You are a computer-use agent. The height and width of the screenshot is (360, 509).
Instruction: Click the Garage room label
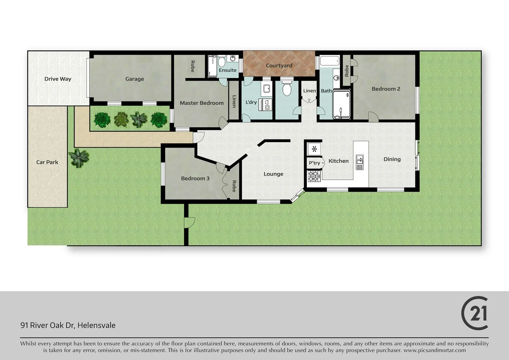tap(135, 79)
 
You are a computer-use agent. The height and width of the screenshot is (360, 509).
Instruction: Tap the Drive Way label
tap(58, 79)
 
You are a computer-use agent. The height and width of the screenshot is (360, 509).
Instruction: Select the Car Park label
tap(47, 162)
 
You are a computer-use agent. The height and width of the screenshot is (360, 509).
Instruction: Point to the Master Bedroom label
tap(202, 103)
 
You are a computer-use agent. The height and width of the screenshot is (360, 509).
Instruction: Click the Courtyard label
tap(279, 66)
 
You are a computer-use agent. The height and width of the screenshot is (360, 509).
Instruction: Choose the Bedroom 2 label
tap(386, 89)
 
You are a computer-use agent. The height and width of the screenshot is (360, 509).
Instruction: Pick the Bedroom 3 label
tap(195, 178)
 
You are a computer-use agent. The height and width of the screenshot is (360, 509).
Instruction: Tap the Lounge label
tap(273, 174)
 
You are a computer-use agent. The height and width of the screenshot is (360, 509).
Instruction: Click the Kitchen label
tap(338, 161)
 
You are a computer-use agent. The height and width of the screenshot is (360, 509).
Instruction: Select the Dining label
tap(392, 159)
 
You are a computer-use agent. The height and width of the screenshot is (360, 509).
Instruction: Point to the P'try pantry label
tap(314, 163)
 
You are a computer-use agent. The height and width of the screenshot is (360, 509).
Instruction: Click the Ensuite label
tap(228, 70)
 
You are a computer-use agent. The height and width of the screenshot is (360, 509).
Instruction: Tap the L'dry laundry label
tap(251, 102)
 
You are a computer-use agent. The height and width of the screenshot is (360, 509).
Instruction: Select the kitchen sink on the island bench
tap(359, 162)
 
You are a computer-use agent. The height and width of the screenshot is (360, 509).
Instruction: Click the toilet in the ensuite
tap(222, 62)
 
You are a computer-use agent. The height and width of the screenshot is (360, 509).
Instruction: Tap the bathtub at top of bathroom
tap(329, 61)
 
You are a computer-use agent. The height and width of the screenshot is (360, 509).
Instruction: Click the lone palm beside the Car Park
tap(79, 158)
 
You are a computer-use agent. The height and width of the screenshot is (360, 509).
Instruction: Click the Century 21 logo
tap(475, 313)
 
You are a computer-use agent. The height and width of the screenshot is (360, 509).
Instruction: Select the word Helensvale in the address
tap(96, 325)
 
